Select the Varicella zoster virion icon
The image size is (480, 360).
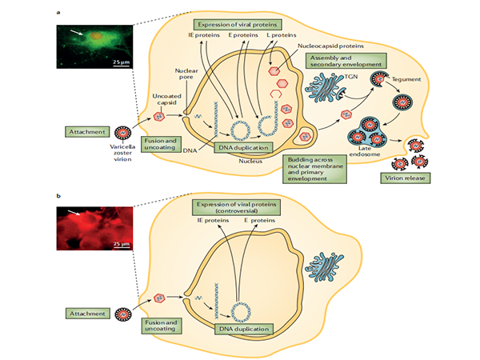pyautogui.click(x=124, y=132)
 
